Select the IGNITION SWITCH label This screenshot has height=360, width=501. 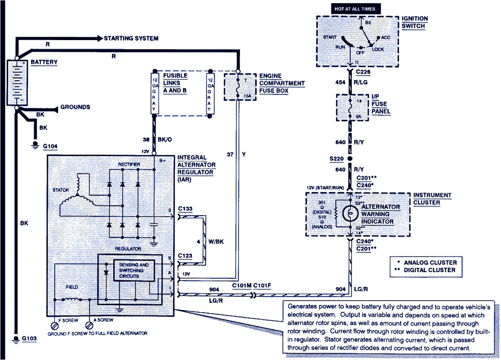(415, 22)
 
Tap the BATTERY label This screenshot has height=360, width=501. (44, 63)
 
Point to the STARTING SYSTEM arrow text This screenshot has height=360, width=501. (131, 38)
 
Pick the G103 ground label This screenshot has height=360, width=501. (29, 339)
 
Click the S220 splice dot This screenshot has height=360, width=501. (350, 158)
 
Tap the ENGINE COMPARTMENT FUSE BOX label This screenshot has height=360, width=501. (282, 83)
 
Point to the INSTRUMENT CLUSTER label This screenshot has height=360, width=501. (432, 199)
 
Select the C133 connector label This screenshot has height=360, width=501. (185, 209)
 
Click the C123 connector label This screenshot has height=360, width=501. (185, 256)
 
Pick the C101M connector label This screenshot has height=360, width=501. (241, 286)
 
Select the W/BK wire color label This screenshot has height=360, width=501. (216, 242)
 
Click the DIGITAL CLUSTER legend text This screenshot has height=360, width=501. (430, 270)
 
